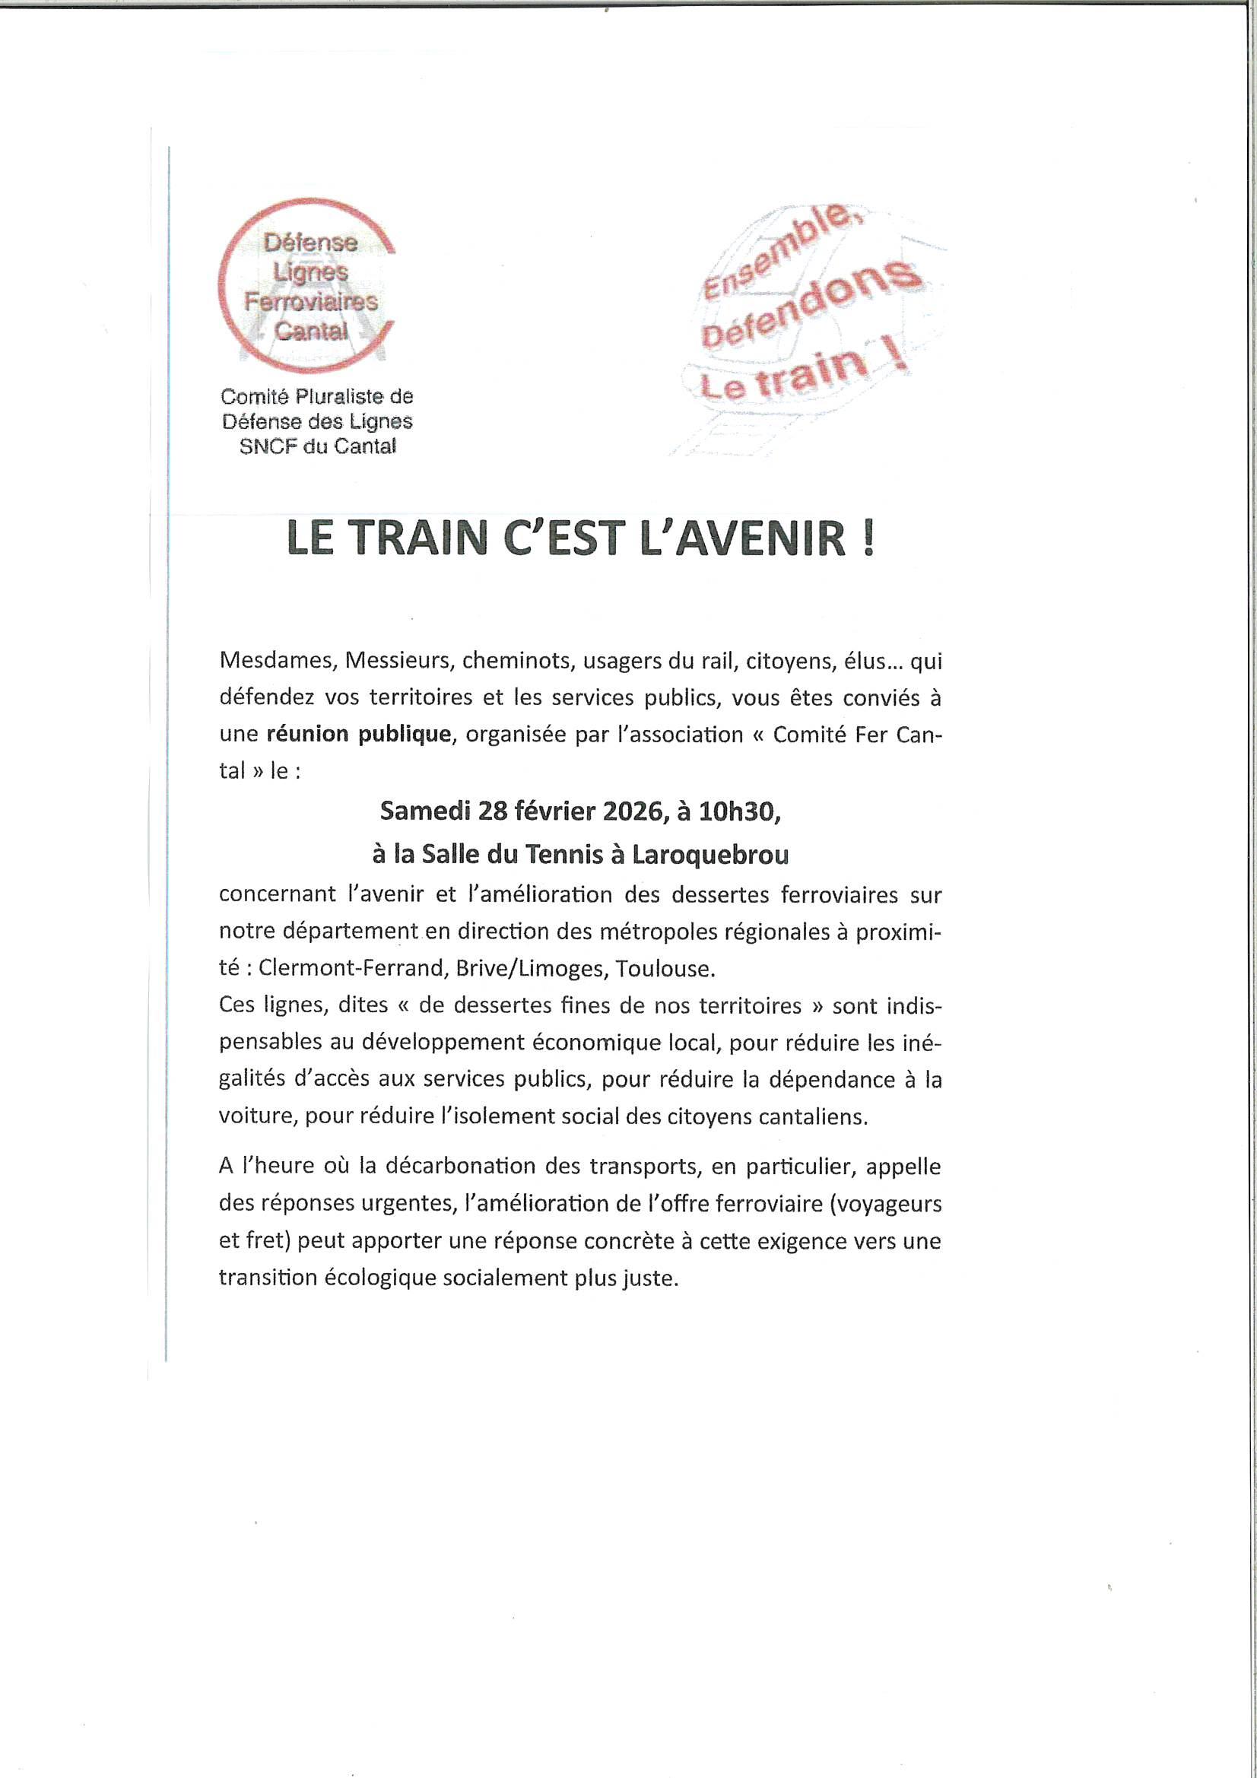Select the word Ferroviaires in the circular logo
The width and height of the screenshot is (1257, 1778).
(x=311, y=301)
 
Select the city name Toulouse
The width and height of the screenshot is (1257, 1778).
(x=670, y=968)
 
